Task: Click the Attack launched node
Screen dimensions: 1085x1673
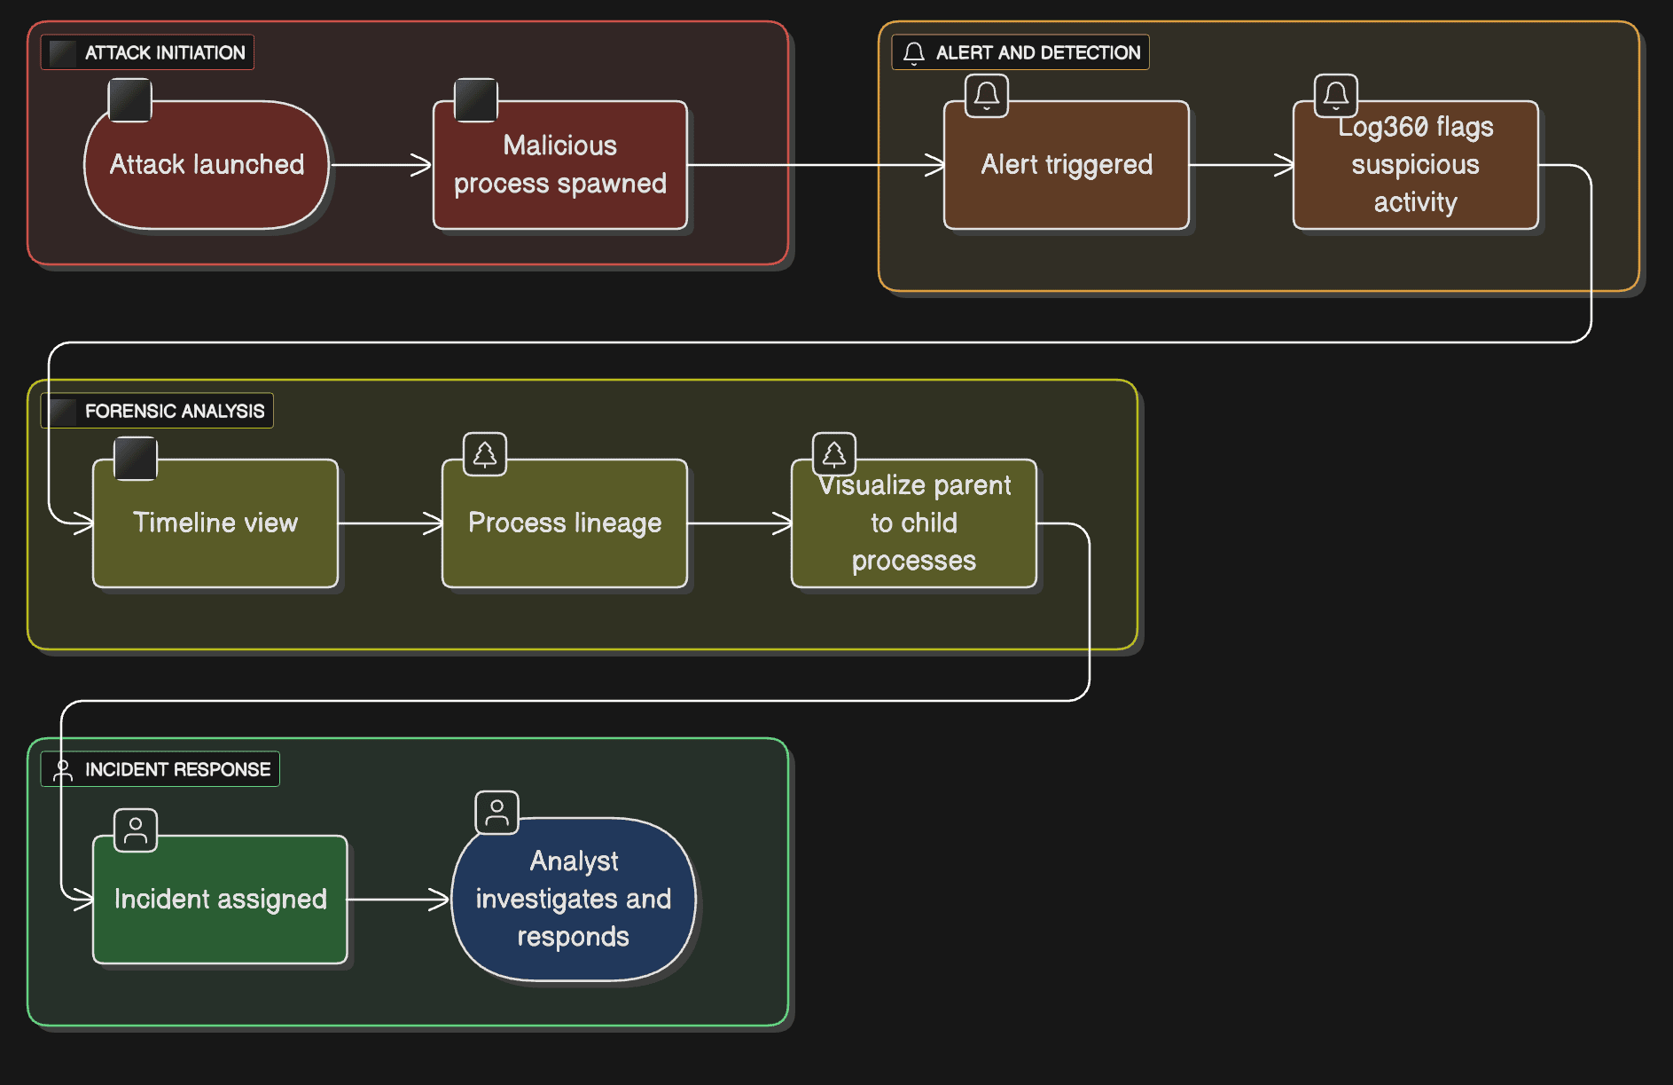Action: pos(207,165)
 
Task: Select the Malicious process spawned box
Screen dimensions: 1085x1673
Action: pos(559,165)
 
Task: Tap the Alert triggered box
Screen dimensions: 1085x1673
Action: pos(1066,165)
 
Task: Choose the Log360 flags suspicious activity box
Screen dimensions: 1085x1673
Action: pos(1415,165)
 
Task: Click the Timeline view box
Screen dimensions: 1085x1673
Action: pos(215,523)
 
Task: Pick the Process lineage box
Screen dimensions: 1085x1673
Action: pos(565,523)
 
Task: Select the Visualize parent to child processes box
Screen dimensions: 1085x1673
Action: pos(913,523)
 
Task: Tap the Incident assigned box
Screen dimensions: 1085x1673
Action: pos(220,900)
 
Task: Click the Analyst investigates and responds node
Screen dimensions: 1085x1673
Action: pos(573,900)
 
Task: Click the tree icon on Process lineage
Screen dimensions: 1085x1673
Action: pos(485,454)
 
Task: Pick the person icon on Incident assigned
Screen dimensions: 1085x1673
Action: pos(136,830)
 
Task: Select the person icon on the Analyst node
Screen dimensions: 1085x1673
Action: pos(497,813)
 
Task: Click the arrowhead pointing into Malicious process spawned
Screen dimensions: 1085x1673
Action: pos(424,165)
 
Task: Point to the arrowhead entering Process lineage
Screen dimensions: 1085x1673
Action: pos(434,523)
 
